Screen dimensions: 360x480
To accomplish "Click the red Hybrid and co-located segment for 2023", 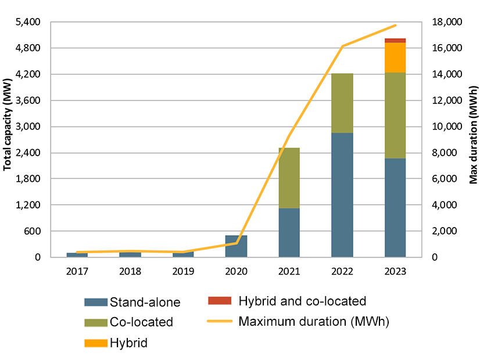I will tap(395, 41).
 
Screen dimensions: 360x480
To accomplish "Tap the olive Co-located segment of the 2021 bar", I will tap(289, 178).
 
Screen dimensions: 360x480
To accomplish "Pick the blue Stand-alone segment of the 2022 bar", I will tap(342, 195).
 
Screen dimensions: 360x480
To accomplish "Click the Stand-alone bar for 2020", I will tap(236, 246).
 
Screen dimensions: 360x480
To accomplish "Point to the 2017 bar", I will tap(77, 254).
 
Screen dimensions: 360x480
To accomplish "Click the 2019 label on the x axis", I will tap(183, 271).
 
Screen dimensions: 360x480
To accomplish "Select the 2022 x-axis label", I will tap(342, 271).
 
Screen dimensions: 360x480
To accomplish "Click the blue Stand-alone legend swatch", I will tap(96, 302).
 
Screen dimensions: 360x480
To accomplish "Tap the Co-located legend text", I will tap(141, 322).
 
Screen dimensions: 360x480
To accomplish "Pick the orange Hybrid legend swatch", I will tap(96, 343).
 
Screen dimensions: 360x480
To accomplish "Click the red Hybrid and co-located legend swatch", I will tap(220, 301).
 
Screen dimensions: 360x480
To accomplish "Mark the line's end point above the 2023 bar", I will tap(395, 26).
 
